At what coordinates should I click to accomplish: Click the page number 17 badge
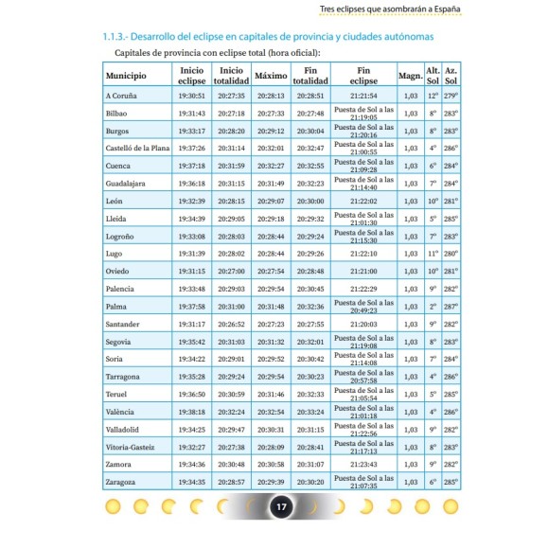[x=280, y=507]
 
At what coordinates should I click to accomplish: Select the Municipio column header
[x=126, y=76]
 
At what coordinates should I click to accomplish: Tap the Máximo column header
[x=271, y=76]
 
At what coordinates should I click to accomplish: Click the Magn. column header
[x=410, y=76]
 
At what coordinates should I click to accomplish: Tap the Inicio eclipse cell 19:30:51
[x=191, y=96]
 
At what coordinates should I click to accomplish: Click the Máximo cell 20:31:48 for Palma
[x=271, y=307]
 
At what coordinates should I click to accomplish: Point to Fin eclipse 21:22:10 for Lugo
[x=363, y=254]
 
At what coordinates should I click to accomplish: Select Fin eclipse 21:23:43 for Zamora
[x=363, y=465]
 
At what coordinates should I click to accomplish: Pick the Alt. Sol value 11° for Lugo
[x=433, y=254]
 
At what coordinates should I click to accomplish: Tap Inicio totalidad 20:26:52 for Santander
[x=231, y=324]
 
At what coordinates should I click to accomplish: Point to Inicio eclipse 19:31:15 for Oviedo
[x=191, y=272]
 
